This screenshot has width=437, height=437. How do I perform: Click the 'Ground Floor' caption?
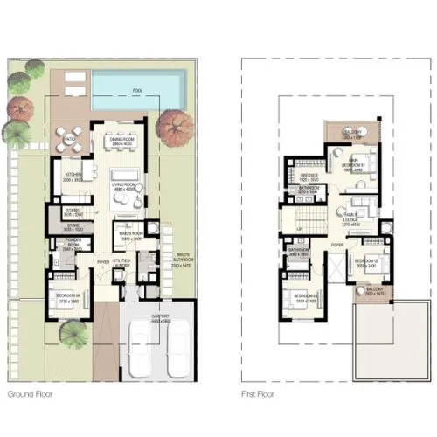(x=33, y=395)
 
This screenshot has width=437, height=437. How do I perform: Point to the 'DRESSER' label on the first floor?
(x=308, y=176)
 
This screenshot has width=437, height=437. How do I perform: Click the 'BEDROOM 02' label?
(x=365, y=261)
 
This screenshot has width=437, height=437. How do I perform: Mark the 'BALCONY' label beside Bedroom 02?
(x=374, y=293)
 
